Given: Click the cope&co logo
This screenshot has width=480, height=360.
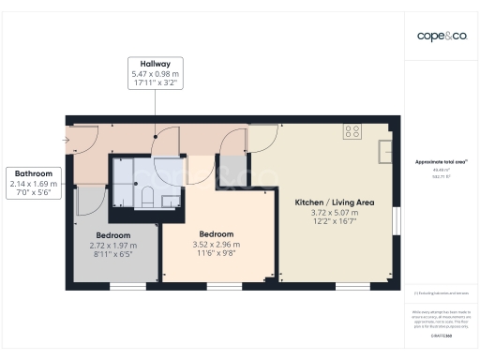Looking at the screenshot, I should tap(442, 36).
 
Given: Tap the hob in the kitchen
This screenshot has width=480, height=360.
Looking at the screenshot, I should tap(352, 131).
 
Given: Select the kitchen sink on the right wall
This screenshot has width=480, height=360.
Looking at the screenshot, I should tap(385, 151).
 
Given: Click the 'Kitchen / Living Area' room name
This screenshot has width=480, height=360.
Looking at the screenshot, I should tap(335, 202).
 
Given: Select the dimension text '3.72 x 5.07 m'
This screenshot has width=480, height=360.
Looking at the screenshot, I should tap(335, 213).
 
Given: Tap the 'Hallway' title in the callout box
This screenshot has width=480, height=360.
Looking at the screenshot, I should tap(154, 63).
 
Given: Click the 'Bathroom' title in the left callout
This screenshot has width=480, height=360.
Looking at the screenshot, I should tap(35, 173).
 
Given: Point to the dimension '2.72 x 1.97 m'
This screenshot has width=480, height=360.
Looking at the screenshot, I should tap(112, 245).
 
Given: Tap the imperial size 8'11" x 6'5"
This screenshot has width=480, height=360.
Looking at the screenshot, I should tap(112, 254).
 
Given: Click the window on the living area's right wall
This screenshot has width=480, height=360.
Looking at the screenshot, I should tap(395, 226).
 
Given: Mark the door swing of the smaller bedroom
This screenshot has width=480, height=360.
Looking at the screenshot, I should tap(89, 199).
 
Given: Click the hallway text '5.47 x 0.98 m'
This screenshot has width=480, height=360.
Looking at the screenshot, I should tap(154, 73).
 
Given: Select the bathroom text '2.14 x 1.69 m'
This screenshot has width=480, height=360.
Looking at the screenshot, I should tap(35, 184).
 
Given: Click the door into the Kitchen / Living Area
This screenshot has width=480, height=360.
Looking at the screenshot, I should tap(260, 138).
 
